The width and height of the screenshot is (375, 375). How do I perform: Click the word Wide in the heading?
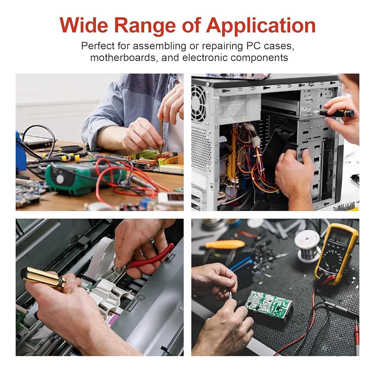pyautogui.click(x=84, y=25)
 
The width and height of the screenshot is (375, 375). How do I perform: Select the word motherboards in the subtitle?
pyautogui.click(x=123, y=58)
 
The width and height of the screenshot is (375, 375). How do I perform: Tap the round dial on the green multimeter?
pyautogui.click(x=60, y=179)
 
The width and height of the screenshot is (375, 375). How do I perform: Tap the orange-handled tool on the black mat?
pyautogui.click(x=225, y=244)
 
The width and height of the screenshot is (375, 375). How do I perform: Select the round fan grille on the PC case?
pyautogui.click(x=198, y=103)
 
